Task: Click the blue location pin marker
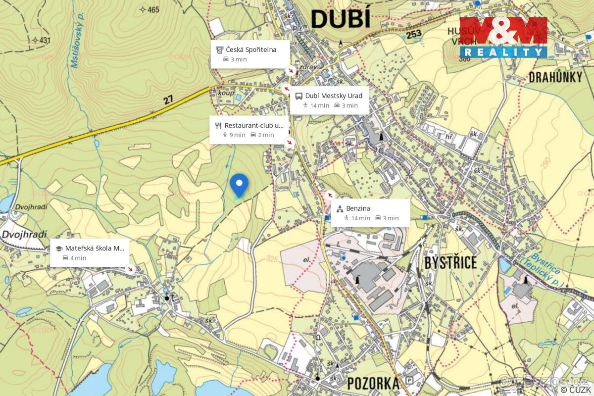coord(239,185)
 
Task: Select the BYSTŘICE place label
coord(450,262)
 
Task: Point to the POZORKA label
coord(373,383)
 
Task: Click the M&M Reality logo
coord(503,37)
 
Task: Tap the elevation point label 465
coord(153,9)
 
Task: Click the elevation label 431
coord(45,40)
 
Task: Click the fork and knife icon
coord(218,125)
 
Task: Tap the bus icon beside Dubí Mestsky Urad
coord(298,96)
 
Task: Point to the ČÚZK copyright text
coord(576,390)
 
